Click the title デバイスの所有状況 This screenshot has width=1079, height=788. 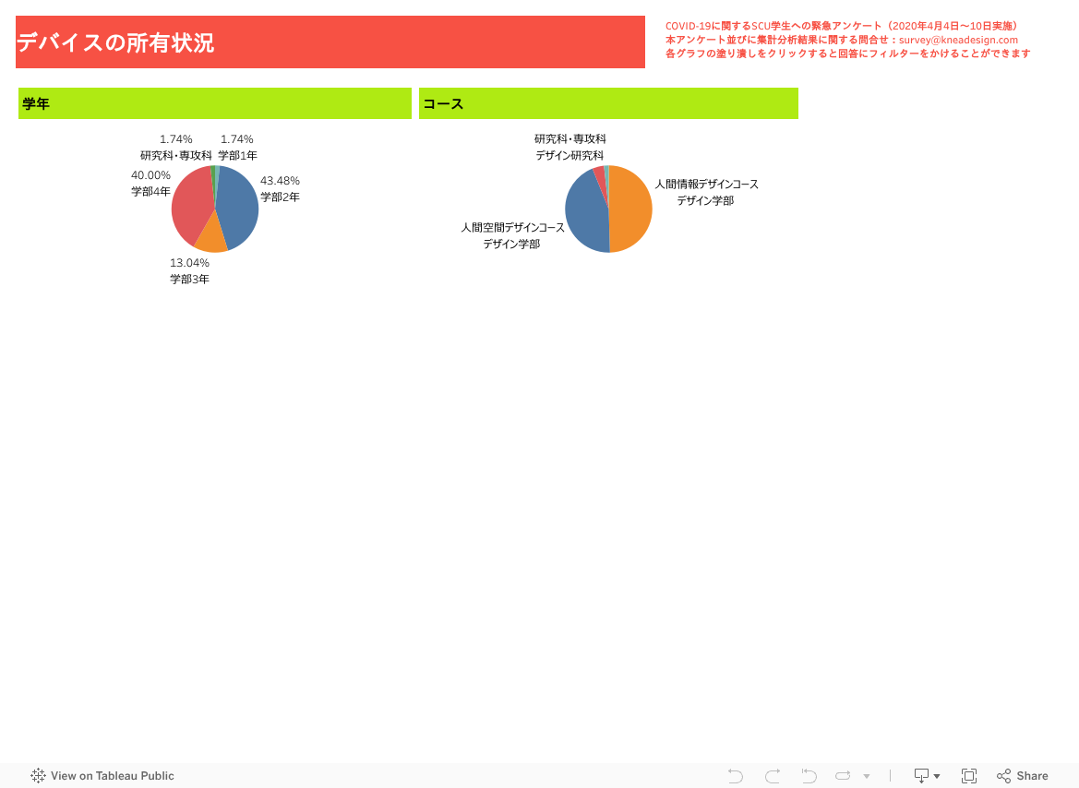(115, 42)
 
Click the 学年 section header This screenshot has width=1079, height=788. (36, 104)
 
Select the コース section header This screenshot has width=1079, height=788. (442, 104)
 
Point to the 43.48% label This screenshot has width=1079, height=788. (280, 181)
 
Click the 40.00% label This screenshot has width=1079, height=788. (150, 175)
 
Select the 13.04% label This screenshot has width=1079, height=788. (189, 263)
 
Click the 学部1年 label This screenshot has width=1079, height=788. (237, 156)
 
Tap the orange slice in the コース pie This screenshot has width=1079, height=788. (630, 209)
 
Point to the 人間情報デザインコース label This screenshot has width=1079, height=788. (706, 185)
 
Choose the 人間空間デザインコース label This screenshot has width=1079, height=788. (512, 228)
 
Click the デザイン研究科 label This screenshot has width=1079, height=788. (569, 156)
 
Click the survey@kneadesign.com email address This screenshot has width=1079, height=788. (959, 40)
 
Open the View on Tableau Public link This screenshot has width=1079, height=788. (102, 776)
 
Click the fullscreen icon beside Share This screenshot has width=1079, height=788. (969, 776)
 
